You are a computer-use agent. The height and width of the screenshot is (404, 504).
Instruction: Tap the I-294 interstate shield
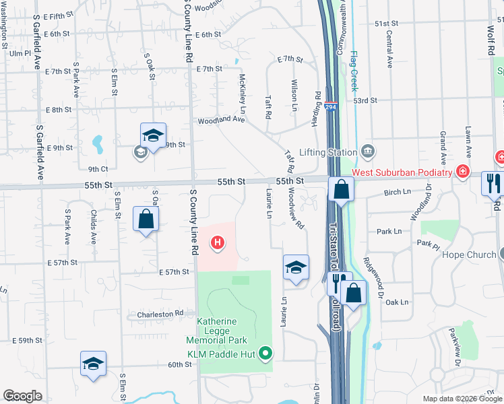329,106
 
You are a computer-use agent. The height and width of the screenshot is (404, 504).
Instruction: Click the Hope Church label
470,255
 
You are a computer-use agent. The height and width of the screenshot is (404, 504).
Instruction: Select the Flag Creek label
352,73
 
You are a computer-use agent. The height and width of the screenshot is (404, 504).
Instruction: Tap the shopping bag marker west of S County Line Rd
146,218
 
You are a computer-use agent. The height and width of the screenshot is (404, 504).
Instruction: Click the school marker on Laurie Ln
296,267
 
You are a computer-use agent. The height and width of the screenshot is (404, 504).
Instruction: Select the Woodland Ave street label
220,121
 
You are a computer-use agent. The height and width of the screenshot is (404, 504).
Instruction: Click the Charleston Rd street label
160,314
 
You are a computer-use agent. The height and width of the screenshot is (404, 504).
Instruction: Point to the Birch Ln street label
397,193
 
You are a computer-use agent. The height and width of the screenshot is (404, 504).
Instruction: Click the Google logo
23,396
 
